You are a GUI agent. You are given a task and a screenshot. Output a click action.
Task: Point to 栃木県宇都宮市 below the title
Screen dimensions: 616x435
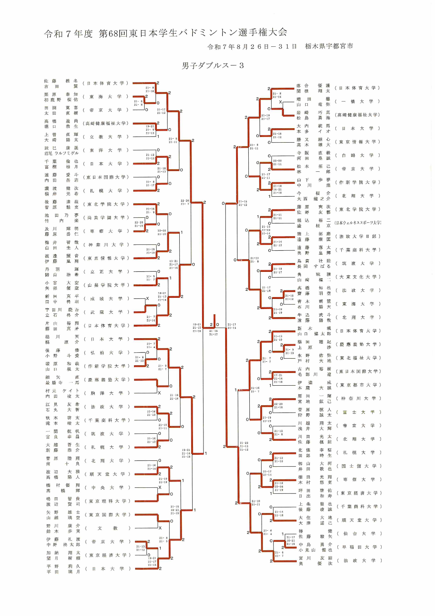click(329, 46)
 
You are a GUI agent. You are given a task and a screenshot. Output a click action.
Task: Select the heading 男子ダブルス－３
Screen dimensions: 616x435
click(213, 66)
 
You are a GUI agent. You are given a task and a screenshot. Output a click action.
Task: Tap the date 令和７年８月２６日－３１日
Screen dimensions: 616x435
click(252, 47)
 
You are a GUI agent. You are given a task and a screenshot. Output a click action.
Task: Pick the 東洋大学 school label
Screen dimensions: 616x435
click(106, 150)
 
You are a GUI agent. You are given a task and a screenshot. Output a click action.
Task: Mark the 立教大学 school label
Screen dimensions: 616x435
click(106, 137)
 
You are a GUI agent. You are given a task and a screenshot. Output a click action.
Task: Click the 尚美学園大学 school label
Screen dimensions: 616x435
click(106, 218)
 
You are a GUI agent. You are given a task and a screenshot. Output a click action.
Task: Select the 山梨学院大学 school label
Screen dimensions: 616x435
click(106, 285)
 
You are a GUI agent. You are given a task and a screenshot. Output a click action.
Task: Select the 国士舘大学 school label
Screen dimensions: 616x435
click(359, 466)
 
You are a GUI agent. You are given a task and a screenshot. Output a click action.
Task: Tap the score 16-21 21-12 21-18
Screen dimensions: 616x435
click(197, 328)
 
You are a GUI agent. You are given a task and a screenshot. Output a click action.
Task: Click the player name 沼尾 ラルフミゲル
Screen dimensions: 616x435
click(61, 153)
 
